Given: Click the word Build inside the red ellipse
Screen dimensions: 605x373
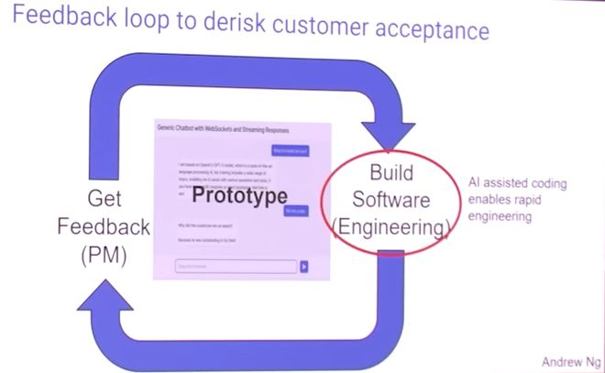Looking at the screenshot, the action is (392, 172).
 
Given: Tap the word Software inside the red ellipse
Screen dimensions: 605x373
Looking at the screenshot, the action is (392, 198).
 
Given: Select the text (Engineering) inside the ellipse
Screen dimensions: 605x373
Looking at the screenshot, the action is (392, 225).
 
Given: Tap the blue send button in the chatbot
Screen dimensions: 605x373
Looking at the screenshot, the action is (304, 267).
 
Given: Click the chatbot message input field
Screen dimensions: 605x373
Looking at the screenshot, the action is (236, 267).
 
